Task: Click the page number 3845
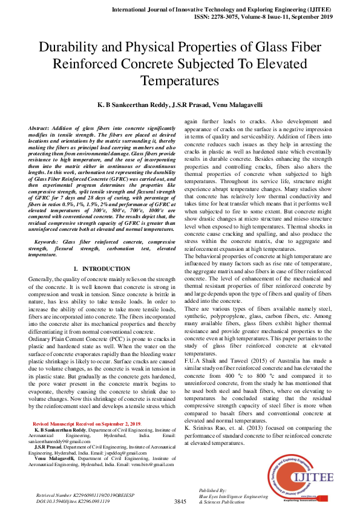pyautogui.click(x=180, y=502)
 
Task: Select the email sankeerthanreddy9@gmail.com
pyautogui.click(x=60, y=426)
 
